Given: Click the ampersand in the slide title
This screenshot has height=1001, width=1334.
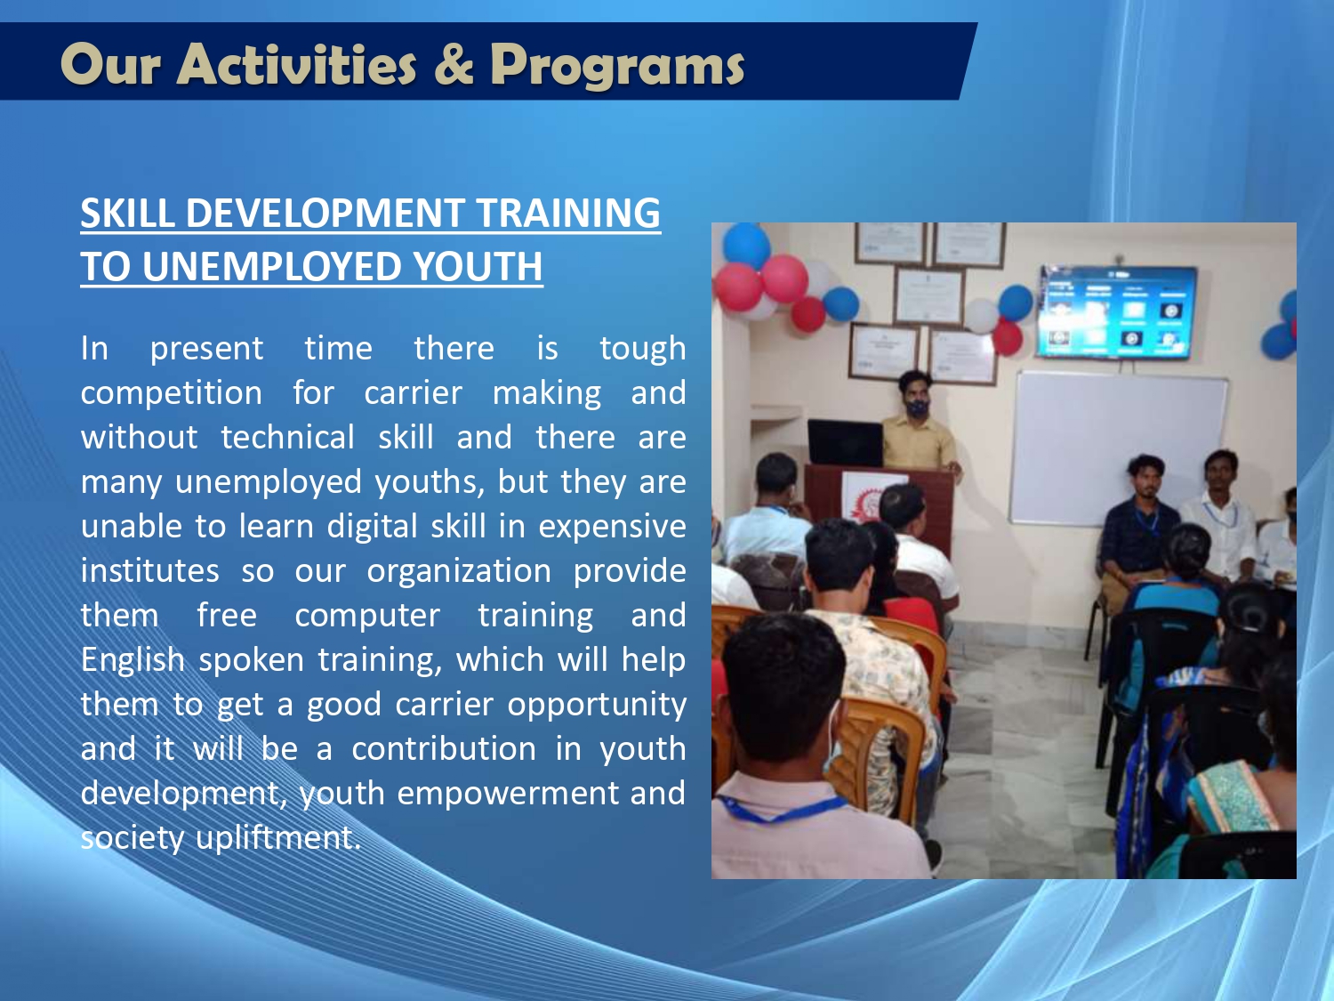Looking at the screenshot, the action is pyautogui.click(x=454, y=64).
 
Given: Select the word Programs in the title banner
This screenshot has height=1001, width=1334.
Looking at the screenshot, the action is pyautogui.click(x=617, y=67).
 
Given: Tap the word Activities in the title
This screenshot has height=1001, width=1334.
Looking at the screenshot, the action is pyautogui.click(x=296, y=64).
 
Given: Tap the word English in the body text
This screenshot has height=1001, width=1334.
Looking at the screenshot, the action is pyautogui.click(x=133, y=659).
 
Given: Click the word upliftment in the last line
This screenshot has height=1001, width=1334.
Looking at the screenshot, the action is pyautogui.click(x=278, y=838).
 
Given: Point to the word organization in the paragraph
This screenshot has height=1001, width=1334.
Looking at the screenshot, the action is pyautogui.click(x=459, y=572).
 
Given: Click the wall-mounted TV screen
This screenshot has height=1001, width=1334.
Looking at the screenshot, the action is pyautogui.click(x=1116, y=311).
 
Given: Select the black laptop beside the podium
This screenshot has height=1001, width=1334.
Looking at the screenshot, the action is pyautogui.click(x=845, y=442).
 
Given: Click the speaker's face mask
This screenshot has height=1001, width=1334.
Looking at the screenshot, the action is pyautogui.click(x=917, y=407).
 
